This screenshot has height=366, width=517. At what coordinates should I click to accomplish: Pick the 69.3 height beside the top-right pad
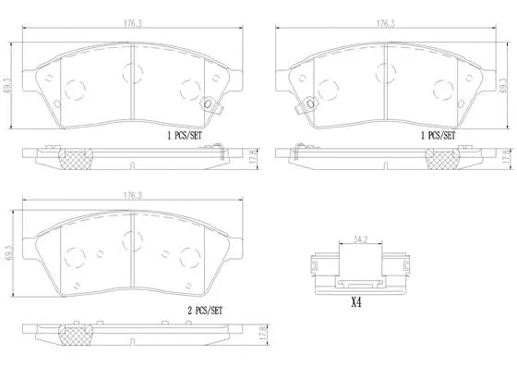pos(504,86)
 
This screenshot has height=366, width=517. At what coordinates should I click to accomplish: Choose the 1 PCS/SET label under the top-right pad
pos(438,135)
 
